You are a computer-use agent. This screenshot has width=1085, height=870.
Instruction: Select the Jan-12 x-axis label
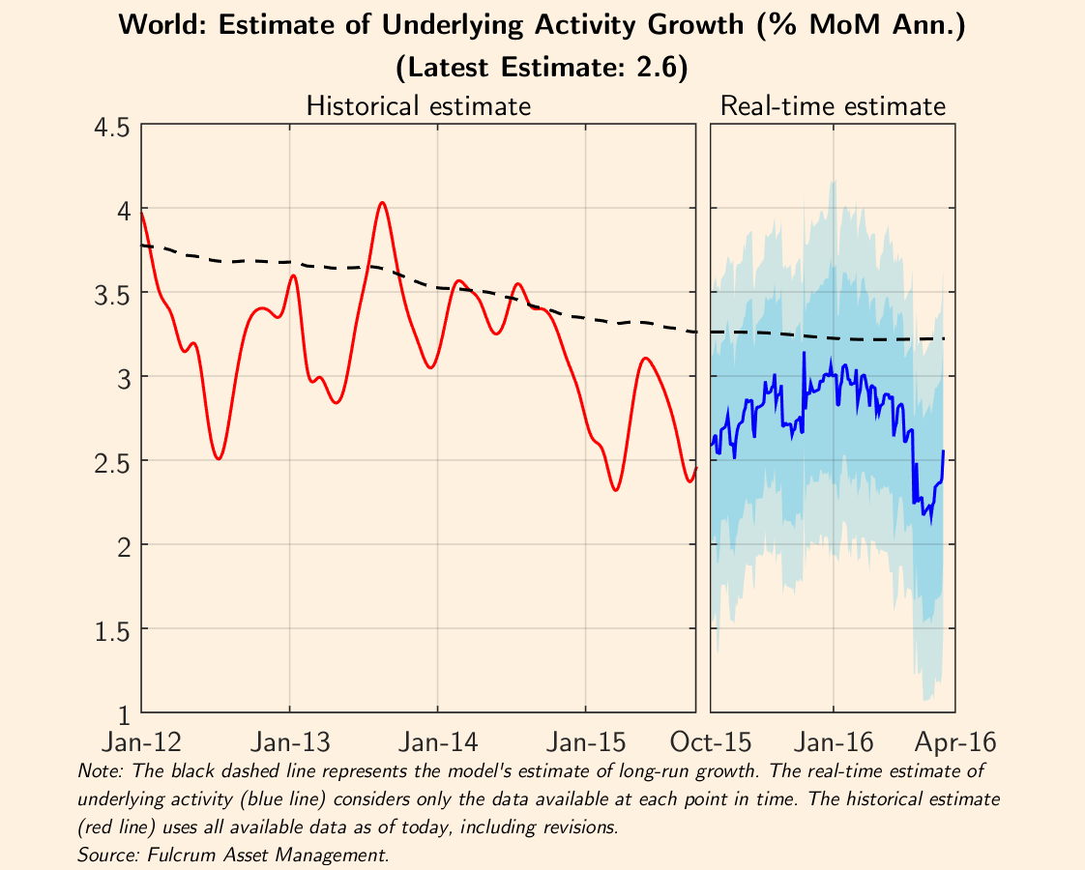pos(142,743)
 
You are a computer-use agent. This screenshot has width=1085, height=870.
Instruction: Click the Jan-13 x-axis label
pos(290,743)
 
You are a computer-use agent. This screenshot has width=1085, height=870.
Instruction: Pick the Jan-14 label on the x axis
pos(438,743)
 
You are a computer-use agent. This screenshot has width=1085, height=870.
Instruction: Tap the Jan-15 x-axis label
pos(586,743)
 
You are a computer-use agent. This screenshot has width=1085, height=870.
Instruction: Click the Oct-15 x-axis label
pos(711,743)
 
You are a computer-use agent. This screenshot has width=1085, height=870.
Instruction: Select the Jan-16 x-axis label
pos(834,743)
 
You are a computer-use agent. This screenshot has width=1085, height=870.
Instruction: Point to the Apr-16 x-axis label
pos(955,743)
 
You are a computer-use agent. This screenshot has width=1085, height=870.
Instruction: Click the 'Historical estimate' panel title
pos(418,105)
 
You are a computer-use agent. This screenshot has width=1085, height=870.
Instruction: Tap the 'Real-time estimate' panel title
pos(833,105)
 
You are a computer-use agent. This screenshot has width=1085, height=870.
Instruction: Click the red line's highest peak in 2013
pos(383,203)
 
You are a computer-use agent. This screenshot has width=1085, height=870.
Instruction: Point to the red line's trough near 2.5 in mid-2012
pos(220,458)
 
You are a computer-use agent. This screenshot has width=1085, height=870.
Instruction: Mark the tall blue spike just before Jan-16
pos(804,354)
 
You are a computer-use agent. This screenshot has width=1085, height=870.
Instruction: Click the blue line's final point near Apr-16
pos(943,451)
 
